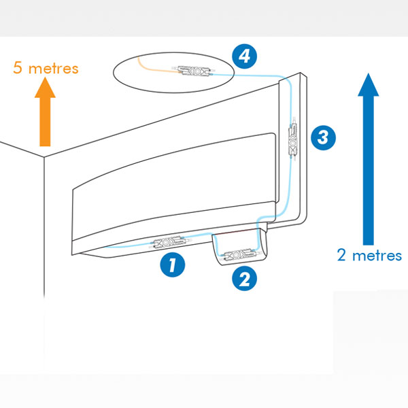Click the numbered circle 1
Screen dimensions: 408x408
pyautogui.click(x=173, y=265)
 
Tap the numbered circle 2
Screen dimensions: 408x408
pyautogui.click(x=245, y=279)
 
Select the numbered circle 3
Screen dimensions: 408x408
pyautogui.click(x=323, y=137)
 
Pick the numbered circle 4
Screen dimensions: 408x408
pyautogui.click(x=245, y=56)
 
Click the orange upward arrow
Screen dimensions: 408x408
pyautogui.click(x=45, y=112)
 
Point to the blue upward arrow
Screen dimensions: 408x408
pyautogui.click(x=369, y=159)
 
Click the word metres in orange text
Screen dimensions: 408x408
pyautogui.click(x=53, y=69)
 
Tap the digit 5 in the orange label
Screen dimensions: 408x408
pyautogui.click(x=18, y=67)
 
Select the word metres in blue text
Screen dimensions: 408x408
pyautogui.click(x=377, y=256)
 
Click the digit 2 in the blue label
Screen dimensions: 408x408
pyautogui.click(x=341, y=255)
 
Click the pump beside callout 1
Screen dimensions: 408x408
pyautogui.click(x=169, y=242)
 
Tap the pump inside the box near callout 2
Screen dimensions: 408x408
pyautogui.click(x=237, y=255)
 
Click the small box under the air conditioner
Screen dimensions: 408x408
pyautogui.click(x=240, y=246)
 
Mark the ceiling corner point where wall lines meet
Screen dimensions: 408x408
pyautogui.click(x=44, y=157)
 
